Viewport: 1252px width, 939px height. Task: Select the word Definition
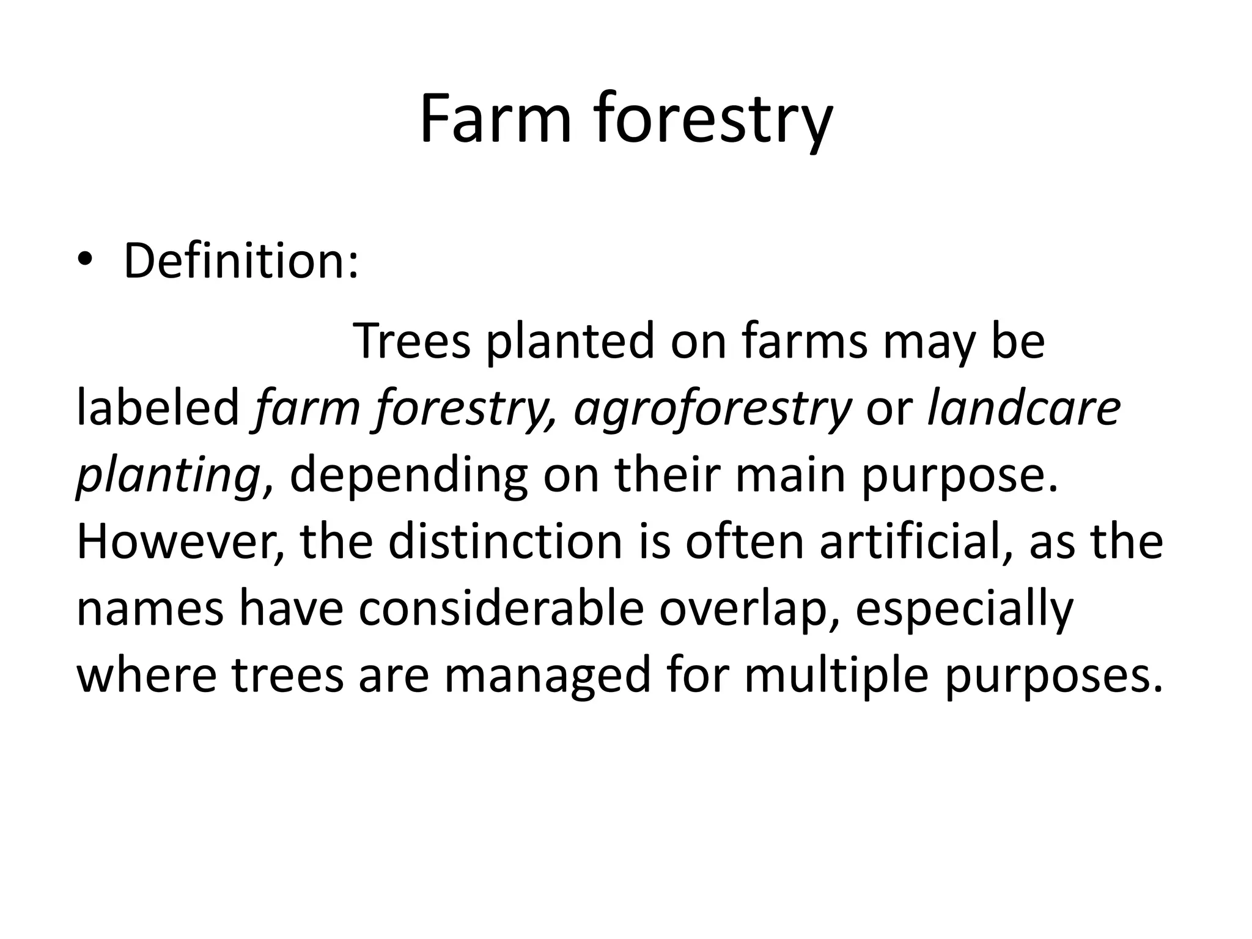(240, 261)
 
